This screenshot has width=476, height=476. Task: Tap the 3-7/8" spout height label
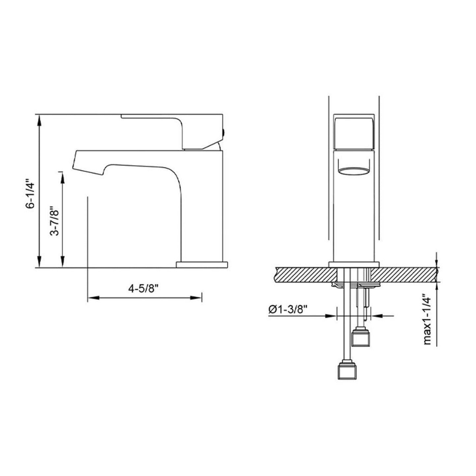[56, 221]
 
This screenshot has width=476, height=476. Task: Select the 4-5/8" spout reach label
[144, 289]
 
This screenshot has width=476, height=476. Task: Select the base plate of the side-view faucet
[202, 265]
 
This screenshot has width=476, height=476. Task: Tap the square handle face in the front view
[354, 134]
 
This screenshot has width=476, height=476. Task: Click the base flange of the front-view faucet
[354, 264]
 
